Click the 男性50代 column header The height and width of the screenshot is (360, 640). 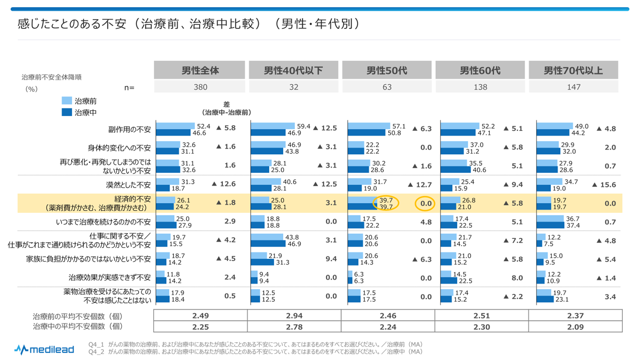[387, 70]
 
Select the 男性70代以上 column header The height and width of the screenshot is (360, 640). [573, 70]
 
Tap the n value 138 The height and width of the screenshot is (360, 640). [480, 87]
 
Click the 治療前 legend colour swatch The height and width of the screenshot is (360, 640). [66, 101]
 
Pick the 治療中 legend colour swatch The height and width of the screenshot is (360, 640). [66, 112]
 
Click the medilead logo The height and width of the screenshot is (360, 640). [44, 349]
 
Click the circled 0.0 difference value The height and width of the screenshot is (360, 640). [425, 203]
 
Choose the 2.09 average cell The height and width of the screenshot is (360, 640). [575, 326]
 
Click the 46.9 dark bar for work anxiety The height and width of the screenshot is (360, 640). [267, 243]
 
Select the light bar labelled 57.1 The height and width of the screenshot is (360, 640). [369, 126]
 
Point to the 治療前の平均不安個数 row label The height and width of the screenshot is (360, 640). [78, 316]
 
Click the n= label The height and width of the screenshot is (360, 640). [129, 88]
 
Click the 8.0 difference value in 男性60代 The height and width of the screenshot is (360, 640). [517, 278]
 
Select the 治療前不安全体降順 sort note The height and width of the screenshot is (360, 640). [51, 77]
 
